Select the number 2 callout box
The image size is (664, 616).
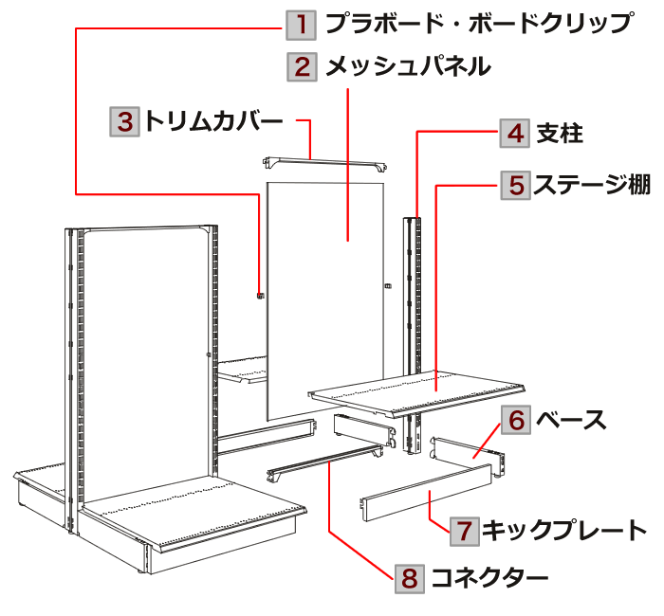(301, 66)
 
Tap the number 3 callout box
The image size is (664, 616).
(124, 121)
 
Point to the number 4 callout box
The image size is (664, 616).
(515, 134)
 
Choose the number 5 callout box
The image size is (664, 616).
(515, 183)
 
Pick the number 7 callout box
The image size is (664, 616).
(462, 530)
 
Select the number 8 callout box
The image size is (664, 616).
(409, 576)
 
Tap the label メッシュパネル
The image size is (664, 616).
(408, 66)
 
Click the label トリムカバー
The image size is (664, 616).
(214, 121)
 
